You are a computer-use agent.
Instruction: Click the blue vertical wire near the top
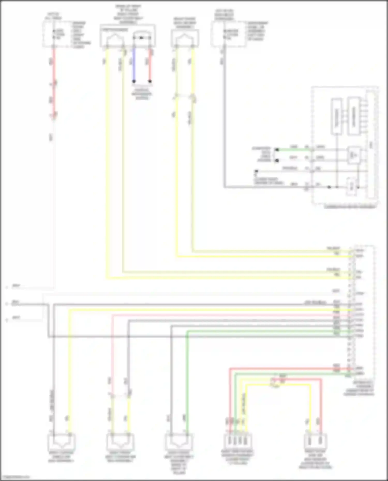(134, 65)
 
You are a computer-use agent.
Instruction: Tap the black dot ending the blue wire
(134, 81)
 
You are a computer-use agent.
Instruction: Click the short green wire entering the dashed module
(292, 150)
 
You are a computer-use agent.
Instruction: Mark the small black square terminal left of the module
(256, 171)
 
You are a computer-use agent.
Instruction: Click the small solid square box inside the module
(354, 155)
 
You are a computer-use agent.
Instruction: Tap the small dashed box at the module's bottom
(352, 186)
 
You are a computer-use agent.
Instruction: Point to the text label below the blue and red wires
(142, 94)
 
